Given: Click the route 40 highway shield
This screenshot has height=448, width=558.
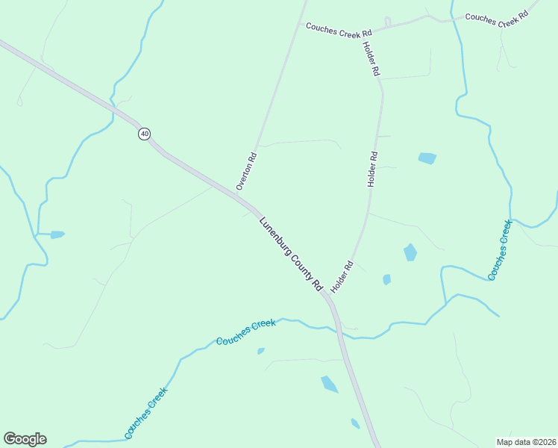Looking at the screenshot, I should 144,134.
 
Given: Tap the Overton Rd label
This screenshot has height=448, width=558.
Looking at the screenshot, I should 246,171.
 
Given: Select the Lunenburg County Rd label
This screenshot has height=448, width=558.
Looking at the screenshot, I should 290,253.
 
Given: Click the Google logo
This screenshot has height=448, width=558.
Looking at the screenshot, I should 25,439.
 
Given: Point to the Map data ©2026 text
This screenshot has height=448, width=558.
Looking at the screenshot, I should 526,442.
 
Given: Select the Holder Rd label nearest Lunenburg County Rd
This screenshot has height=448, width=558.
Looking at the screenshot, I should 341,276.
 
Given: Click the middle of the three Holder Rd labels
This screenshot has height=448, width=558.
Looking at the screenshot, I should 372,169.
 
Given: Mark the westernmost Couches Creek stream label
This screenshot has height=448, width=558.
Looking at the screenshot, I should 146,412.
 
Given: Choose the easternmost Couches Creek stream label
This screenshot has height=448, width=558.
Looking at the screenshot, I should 500,250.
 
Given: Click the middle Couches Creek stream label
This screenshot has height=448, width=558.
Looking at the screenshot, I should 246,332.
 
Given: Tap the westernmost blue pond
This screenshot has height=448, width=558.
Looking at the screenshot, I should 57,234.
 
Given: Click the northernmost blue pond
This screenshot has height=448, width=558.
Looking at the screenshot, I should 427,158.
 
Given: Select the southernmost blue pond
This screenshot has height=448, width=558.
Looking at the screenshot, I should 355,423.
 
